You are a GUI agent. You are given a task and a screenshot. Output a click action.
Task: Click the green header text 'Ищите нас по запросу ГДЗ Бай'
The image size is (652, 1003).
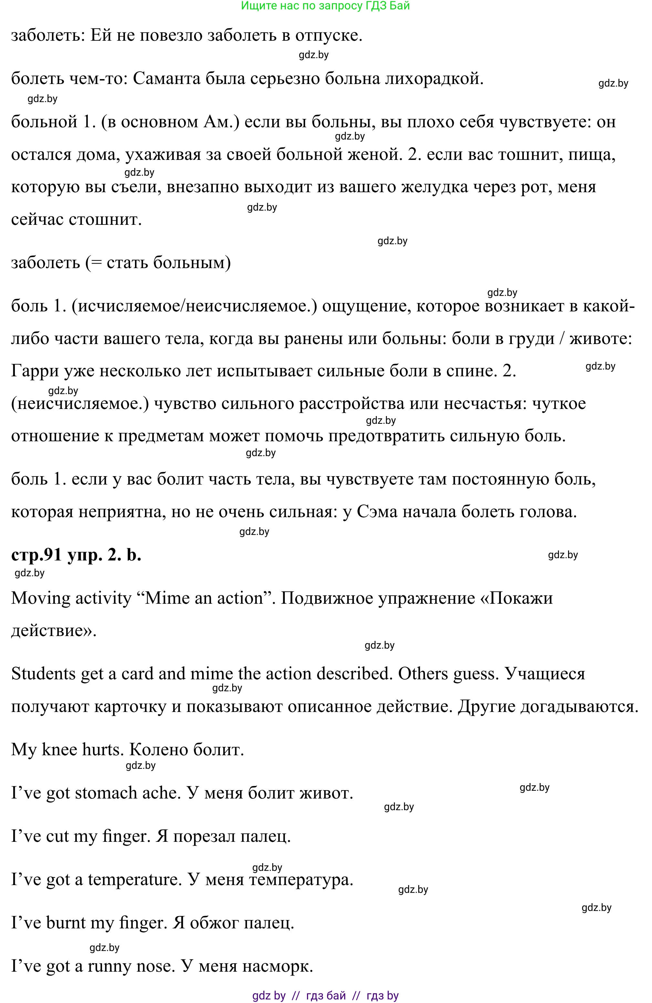point(325,6)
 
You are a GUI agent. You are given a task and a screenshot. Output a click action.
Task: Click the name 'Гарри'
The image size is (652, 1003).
point(35,371)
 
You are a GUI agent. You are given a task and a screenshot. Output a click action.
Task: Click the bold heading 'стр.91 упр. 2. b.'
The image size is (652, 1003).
point(76,555)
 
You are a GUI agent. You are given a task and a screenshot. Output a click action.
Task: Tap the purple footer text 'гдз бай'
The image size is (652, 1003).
point(326,996)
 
